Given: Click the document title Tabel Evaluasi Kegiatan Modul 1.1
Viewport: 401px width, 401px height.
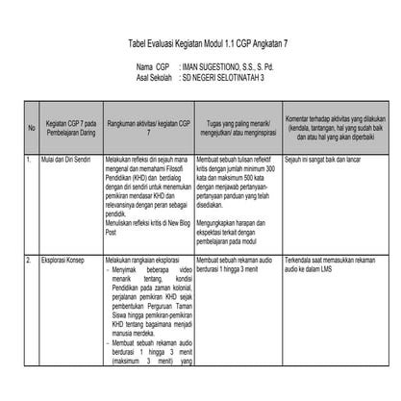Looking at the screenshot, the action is pos(200,45).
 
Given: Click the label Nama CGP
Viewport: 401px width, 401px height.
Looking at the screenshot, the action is pos(153,68).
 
